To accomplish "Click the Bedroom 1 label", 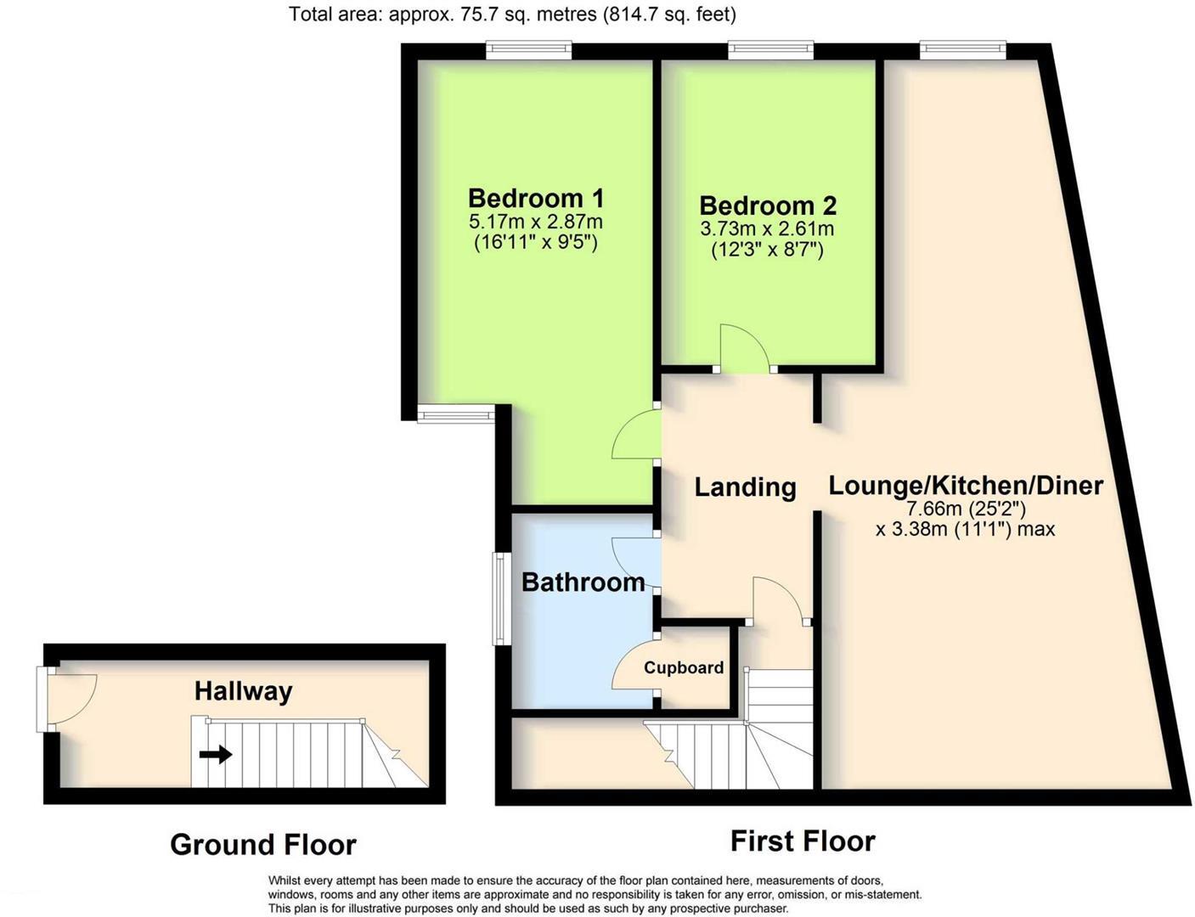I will [535, 199].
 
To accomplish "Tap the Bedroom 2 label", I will [768, 205].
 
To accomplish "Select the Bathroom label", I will [583, 582].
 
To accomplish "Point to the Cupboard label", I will [684, 667].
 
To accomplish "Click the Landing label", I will [745, 487].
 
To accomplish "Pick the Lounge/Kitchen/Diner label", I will [966, 486].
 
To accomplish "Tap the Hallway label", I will [243, 691].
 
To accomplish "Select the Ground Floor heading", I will [262, 845].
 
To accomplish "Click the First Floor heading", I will [803, 841].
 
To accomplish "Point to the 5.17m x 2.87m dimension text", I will [535, 222].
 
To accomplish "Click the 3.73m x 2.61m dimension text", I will [767, 229].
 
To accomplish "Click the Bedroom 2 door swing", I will [744, 348].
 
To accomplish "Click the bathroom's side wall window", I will [501, 599].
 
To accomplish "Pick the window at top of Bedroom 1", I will [528, 51].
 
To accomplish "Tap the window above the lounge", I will [962, 51].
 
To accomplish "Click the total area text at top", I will [512, 14].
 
